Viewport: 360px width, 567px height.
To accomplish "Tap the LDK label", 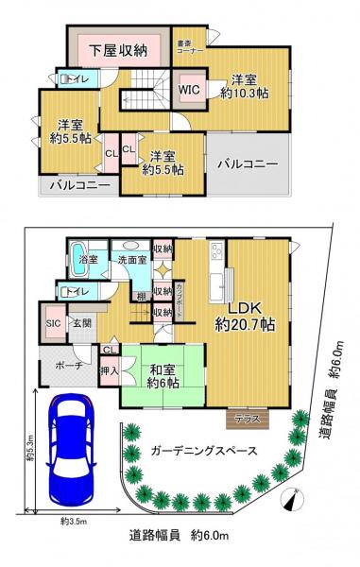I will point(244,306).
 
